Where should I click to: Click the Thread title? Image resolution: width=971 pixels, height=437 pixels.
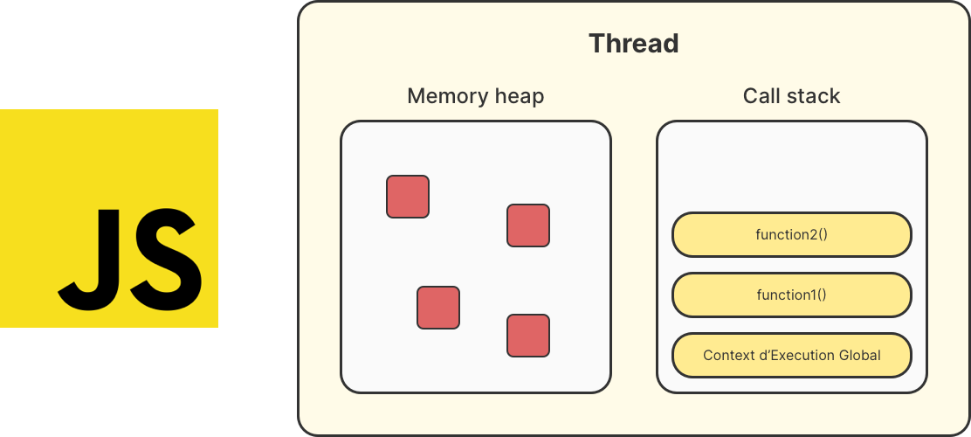634,44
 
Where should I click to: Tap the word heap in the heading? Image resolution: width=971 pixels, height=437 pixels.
517,97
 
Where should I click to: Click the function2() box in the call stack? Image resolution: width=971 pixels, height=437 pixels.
791,235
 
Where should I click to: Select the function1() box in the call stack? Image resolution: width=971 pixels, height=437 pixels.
791,295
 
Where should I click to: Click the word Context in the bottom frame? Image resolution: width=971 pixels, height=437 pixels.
727,356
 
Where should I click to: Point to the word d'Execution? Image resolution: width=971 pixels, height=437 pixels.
795,356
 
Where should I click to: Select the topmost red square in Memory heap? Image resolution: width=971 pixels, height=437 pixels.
408,196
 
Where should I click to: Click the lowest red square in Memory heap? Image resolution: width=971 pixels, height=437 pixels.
528,336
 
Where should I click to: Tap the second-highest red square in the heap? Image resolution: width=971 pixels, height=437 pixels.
528,225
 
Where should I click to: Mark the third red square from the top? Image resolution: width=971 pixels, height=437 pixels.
438,308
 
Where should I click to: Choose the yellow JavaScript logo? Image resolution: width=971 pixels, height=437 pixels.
109,218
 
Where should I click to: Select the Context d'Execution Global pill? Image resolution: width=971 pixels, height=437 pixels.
791,356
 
